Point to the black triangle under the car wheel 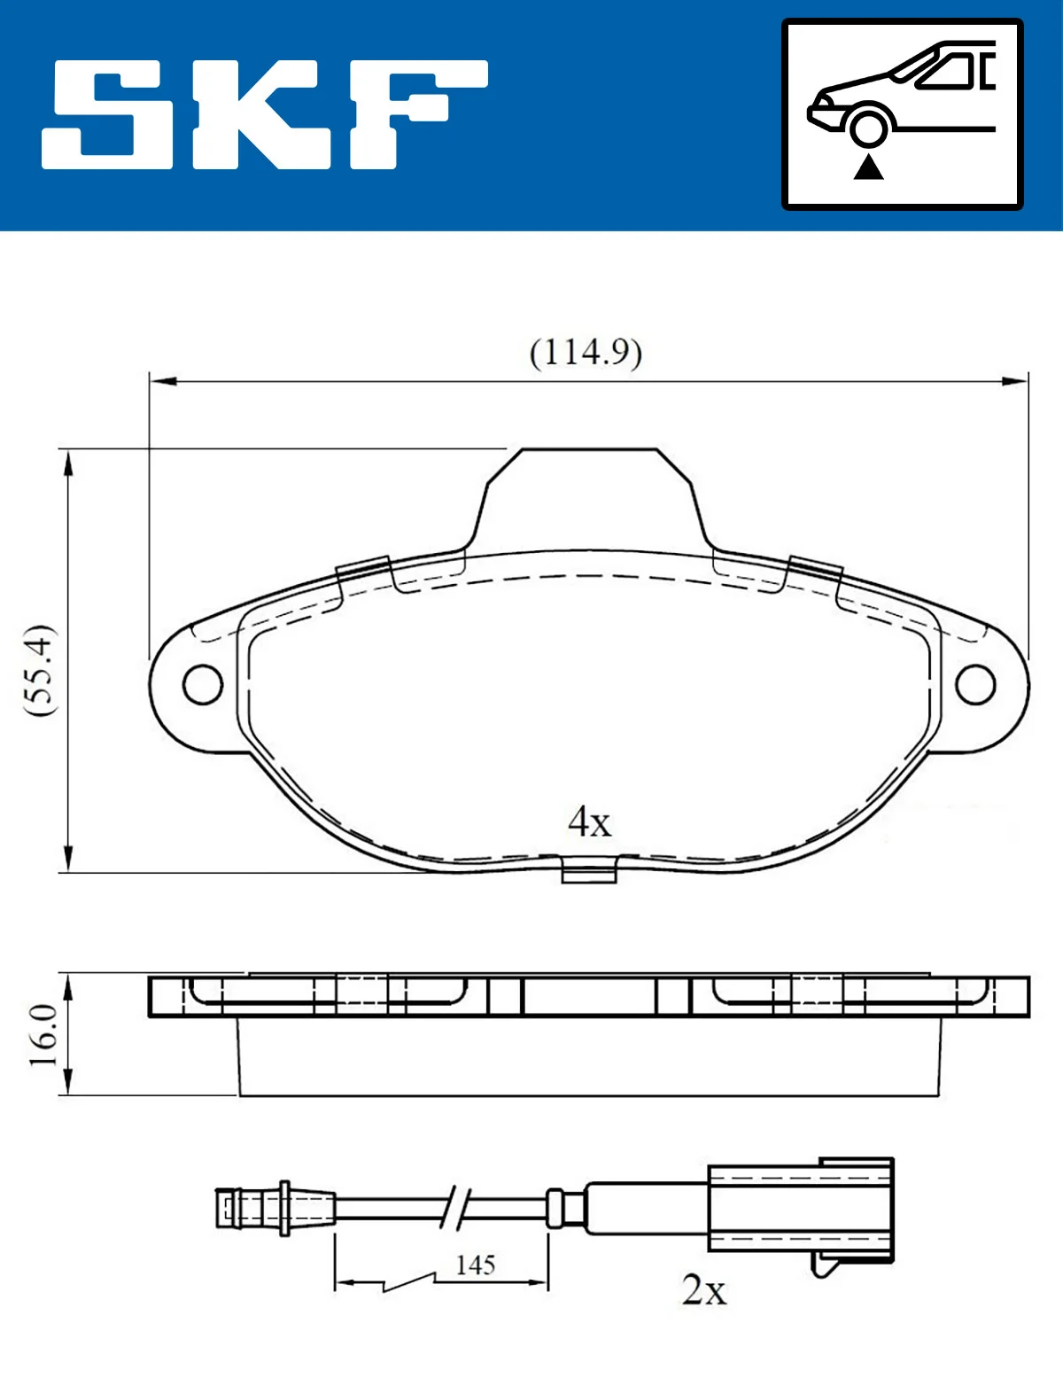point(868,167)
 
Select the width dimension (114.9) point(586,353)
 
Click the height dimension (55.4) point(40,670)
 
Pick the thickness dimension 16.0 point(43,1035)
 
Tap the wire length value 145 point(475,1265)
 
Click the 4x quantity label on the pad point(589,821)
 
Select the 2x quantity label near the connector point(704,1289)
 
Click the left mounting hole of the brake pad point(203,684)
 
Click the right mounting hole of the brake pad point(975,684)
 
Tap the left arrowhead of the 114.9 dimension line point(159,381)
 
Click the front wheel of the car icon point(868,127)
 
